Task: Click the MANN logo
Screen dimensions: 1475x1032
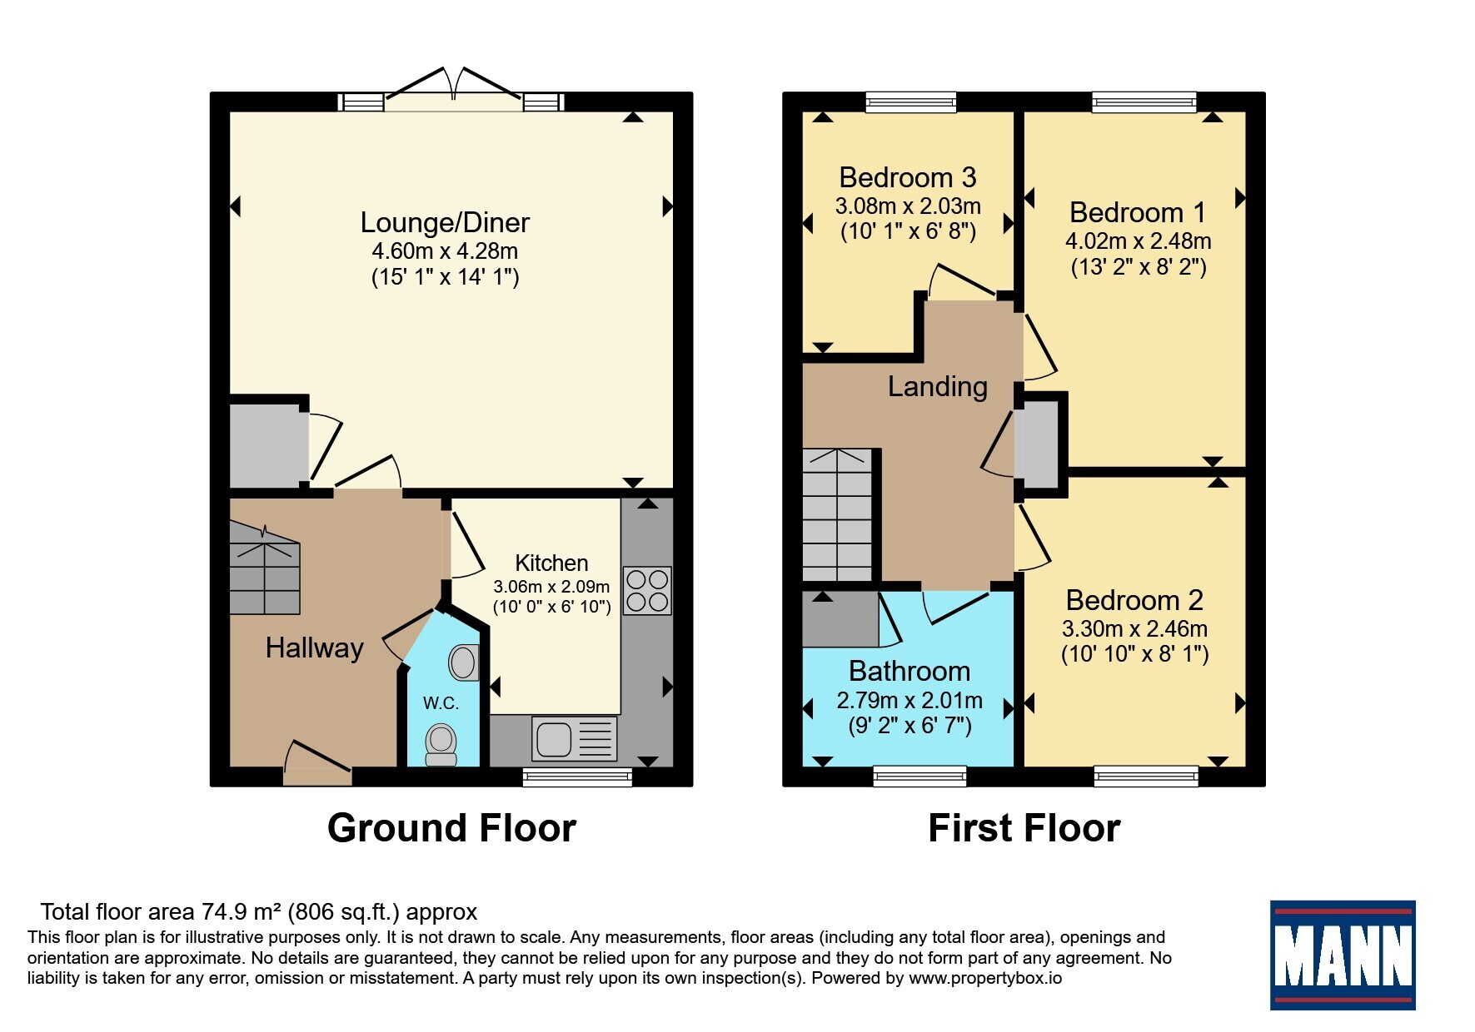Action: click(1342, 955)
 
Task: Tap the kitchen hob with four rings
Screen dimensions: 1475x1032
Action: click(647, 590)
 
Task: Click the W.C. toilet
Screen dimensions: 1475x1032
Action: click(441, 743)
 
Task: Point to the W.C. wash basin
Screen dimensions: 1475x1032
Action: click(464, 662)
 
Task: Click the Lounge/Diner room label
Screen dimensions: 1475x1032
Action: click(445, 222)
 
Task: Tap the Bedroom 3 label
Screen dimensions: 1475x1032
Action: click(907, 177)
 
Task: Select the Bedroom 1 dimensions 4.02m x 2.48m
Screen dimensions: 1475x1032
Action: click(1138, 241)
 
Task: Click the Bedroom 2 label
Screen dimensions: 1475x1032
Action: click(1134, 600)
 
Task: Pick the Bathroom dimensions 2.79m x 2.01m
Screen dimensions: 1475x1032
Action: click(909, 701)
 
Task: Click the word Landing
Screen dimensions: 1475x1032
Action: click(937, 386)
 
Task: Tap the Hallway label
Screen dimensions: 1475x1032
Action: click(314, 647)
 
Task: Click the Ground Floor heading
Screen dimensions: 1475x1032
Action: click(451, 828)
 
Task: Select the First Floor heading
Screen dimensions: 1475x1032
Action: click(1024, 828)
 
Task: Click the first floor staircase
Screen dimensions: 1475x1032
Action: click(838, 515)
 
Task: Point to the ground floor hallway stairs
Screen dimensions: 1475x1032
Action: click(264, 568)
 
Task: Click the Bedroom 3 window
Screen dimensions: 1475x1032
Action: click(911, 102)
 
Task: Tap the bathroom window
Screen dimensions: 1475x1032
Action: click(919, 776)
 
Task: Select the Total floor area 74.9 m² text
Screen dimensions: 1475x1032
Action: click(259, 912)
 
